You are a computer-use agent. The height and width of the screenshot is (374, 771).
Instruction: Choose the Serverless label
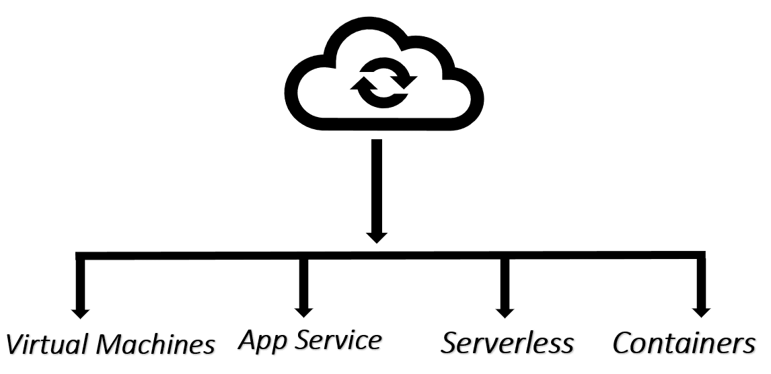tap(507, 343)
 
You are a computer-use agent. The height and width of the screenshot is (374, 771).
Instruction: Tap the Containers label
tap(684, 343)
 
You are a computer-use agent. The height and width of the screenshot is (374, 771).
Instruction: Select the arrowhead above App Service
tap(303, 311)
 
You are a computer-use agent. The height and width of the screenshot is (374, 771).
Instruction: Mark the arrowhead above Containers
tap(701, 311)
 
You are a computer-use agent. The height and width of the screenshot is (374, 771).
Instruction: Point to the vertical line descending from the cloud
tap(377, 182)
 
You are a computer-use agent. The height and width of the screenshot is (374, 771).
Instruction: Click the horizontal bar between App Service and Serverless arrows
tap(404, 256)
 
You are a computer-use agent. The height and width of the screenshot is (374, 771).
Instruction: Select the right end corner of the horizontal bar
tap(701, 256)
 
